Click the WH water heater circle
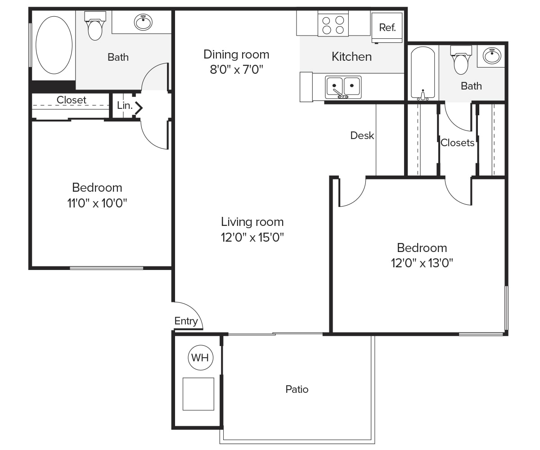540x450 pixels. pos(200,358)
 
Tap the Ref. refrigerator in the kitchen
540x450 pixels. pos(387,27)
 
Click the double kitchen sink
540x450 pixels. pos(343,87)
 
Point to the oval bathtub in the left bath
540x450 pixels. pos(54,45)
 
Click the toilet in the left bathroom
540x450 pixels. pos(95,26)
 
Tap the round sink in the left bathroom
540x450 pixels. pos(143,22)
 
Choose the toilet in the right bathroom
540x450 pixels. pos(461,60)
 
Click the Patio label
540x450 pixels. pos(297,389)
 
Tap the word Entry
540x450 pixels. pos(186,321)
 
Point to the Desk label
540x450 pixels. pos(362,135)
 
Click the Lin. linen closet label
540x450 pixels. pos(125,105)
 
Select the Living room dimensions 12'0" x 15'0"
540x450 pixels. pos(252,237)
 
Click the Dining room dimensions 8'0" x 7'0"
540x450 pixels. pos(236,70)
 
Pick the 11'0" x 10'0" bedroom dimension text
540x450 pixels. pos(97,203)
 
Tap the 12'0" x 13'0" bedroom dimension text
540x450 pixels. pos(422,263)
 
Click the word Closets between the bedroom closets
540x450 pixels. pos(458,143)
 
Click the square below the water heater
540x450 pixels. pos(198,394)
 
